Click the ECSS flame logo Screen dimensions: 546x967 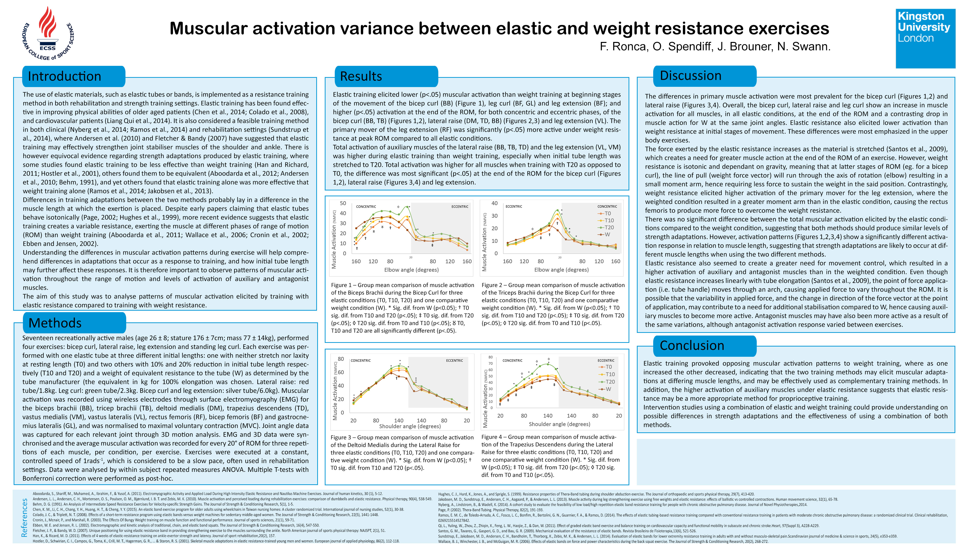[48, 33]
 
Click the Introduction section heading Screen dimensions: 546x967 [65, 76]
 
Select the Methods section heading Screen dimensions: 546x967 [55, 323]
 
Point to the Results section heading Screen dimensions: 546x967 [361, 76]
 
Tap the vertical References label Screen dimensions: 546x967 [24, 517]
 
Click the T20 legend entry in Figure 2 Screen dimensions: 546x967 [607, 227]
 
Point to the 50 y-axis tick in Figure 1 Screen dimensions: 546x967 [343, 203]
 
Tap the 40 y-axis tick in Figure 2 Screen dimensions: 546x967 [494, 203]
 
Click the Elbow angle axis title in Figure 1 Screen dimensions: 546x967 [411, 270]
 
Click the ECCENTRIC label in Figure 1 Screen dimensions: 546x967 [460, 207]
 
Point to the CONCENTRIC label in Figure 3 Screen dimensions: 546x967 [360, 361]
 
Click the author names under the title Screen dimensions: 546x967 [715, 47]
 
